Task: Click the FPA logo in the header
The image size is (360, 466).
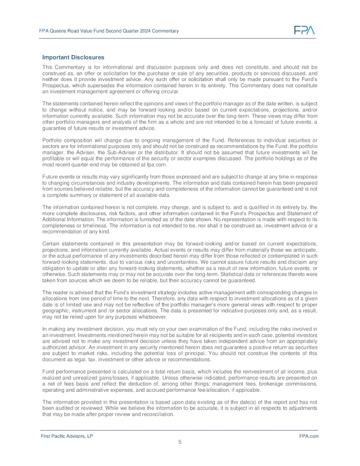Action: (x=304, y=30)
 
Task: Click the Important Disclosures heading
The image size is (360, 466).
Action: (x=73, y=57)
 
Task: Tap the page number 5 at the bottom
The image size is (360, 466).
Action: (x=179, y=442)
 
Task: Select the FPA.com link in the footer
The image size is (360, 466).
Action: (x=309, y=436)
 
